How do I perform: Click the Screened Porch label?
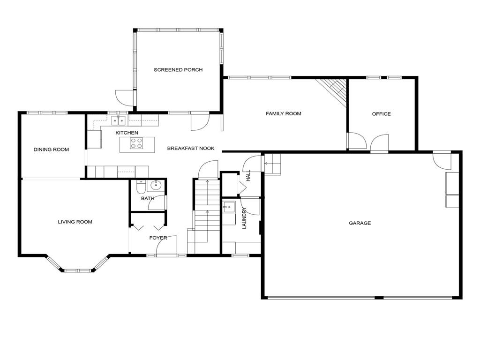(x=178, y=70)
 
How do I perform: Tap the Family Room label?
(x=284, y=113)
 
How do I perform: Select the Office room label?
(x=382, y=114)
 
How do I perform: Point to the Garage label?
(x=360, y=223)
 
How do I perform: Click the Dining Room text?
(x=51, y=150)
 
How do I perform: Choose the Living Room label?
(x=75, y=222)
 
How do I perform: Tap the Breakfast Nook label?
(x=191, y=149)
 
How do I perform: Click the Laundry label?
(x=244, y=218)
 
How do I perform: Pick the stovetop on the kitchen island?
(x=136, y=143)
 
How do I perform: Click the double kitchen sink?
(x=119, y=120)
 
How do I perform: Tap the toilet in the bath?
(x=141, y=187)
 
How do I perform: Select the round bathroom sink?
(x=156, y=185)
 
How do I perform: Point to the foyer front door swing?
(x=167, y=245)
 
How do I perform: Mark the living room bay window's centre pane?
(x=78, y=270)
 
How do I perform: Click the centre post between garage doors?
(x=379, y=298)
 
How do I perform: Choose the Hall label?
(x=248, y=176)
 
